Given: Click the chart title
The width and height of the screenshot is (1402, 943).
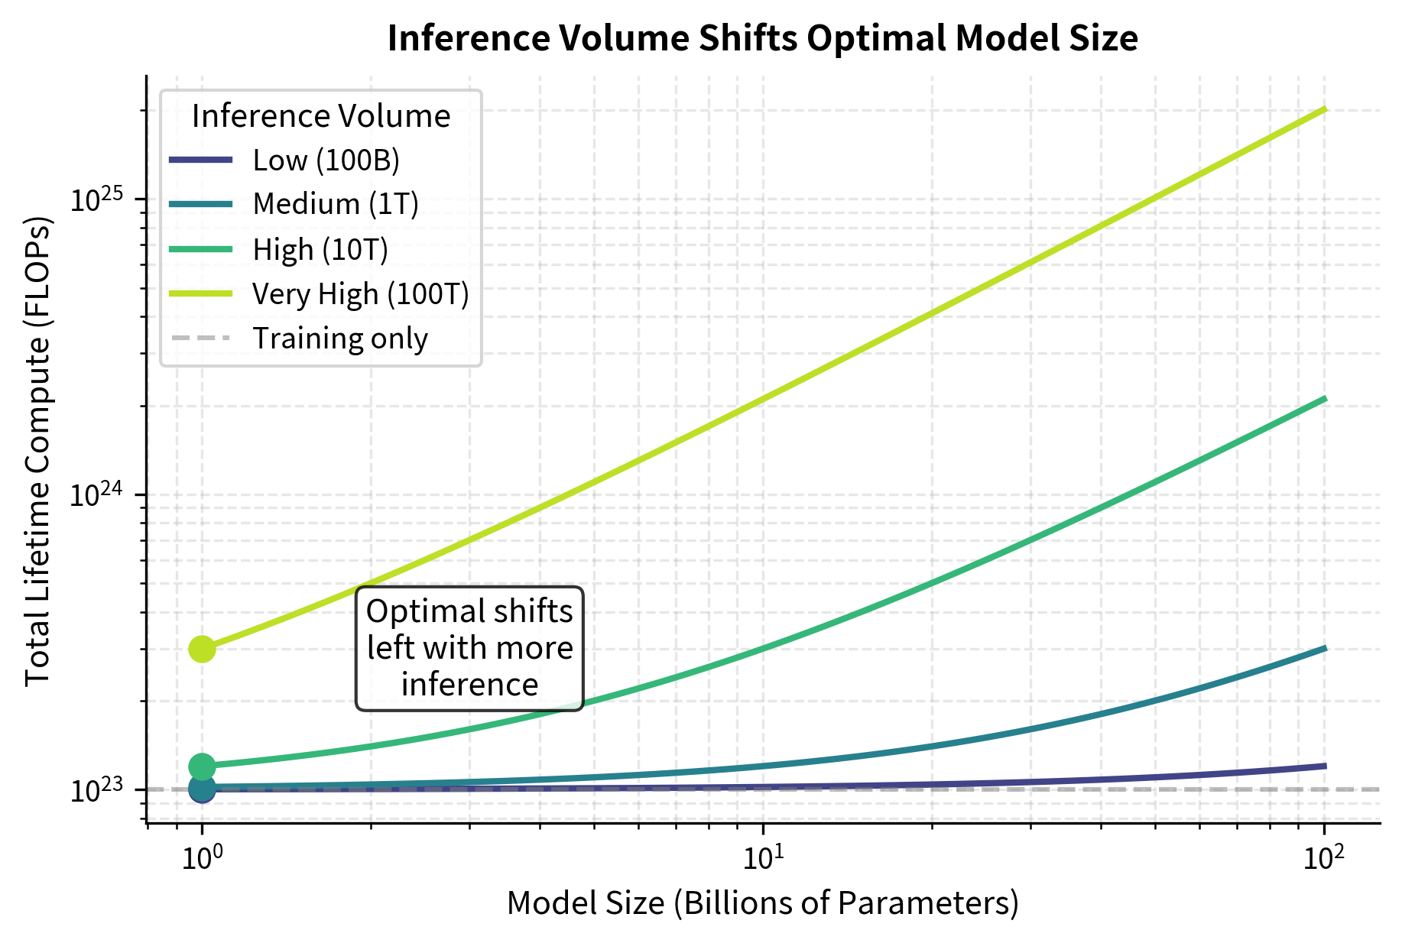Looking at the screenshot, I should click(762, 38).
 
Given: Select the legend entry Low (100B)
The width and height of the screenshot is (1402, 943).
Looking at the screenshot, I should click(326, 160).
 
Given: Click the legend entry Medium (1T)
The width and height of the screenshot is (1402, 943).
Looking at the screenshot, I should click(336, 204).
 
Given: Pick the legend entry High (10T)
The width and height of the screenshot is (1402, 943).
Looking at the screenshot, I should click(320, 250).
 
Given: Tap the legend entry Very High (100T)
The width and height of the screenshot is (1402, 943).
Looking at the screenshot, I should click(360, 294).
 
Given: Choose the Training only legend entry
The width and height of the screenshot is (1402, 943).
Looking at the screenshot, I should click(340, 339).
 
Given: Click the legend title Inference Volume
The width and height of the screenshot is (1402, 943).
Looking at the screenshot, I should click(321, 116).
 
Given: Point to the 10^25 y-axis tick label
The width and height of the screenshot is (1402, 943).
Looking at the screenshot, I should click(96, 199).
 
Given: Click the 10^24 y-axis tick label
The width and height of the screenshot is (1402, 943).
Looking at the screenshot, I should click(96, 495).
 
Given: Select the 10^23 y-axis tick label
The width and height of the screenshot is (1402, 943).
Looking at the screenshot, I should click(96, 790).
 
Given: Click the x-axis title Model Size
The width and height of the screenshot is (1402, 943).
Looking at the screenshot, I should click(762, 903).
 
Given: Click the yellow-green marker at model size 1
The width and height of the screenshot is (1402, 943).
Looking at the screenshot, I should click(202, 650).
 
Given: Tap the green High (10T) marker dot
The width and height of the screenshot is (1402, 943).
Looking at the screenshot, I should click(202, 766).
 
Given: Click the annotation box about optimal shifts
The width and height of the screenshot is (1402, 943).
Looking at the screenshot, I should click(469, 648).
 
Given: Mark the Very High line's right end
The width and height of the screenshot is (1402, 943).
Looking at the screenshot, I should click(1324, 110).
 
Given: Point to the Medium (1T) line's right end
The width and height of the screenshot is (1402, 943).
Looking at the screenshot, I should click(1324, 649).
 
